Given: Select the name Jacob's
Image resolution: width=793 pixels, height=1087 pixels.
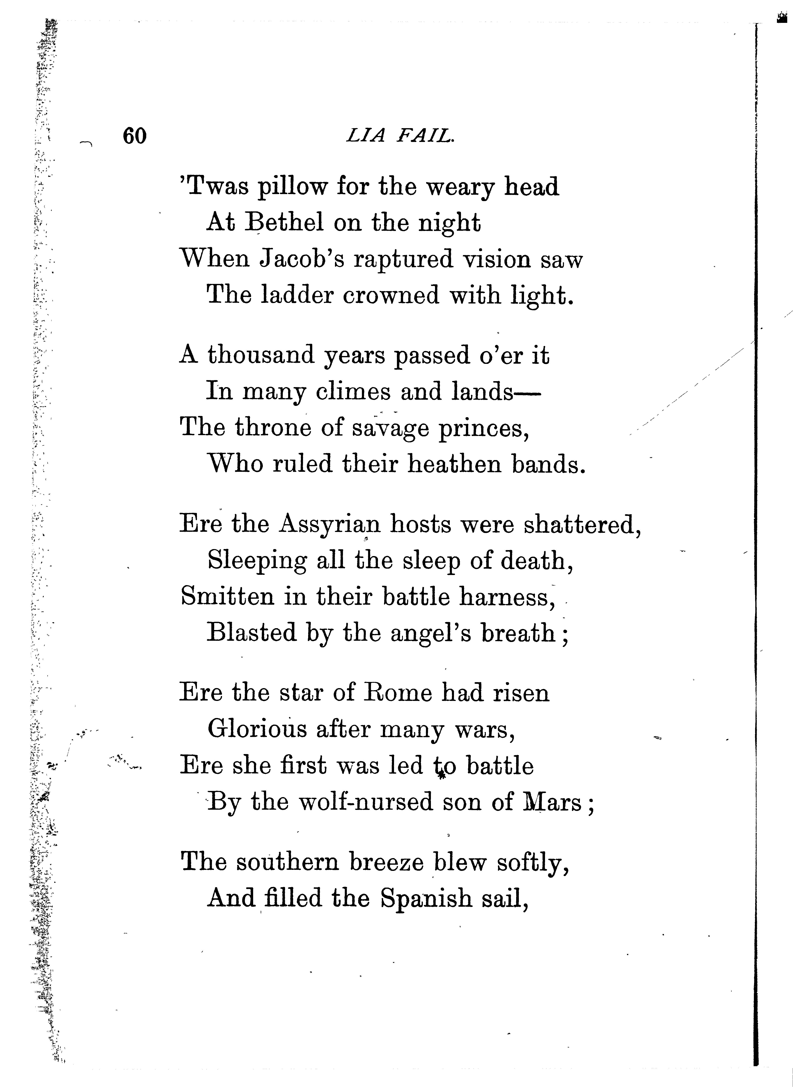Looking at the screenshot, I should pyautogui.click(x=302, y=259).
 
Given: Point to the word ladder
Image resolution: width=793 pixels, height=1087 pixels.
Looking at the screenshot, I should pyautogui.click(x=297, y=295).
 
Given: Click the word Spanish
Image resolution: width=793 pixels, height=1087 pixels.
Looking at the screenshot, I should pyautogui.click(x=426, y=898).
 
